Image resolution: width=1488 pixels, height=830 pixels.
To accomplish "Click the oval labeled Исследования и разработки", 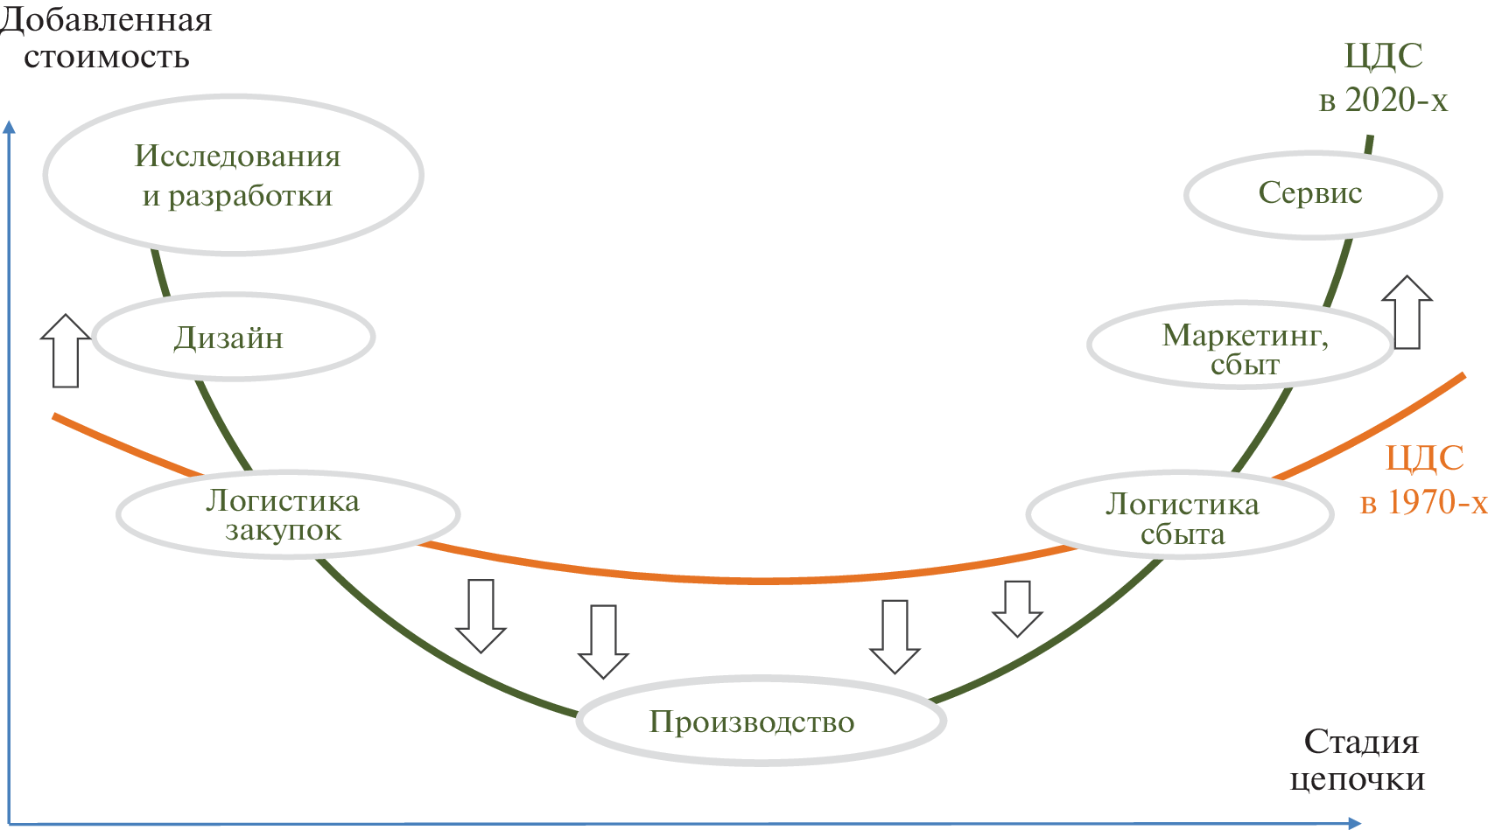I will click(234, 175).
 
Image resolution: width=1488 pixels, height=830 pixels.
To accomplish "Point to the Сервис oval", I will click(1312, 194).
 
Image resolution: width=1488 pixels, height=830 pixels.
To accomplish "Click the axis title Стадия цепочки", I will click(1358, 760).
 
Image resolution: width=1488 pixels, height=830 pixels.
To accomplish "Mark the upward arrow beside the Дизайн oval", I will click(66, 351).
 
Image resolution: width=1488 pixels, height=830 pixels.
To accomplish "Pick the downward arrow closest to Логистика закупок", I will click(481, 616).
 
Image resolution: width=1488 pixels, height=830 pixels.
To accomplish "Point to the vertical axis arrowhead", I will click(10, 127).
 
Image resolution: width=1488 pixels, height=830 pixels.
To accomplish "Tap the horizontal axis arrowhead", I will click(1353, 822).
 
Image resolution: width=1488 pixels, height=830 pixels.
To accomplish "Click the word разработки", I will click(249, 196).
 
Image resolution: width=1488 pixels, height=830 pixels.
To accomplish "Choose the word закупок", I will click(283, 531).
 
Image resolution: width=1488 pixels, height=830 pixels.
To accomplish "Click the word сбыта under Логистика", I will click(1183, 534).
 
